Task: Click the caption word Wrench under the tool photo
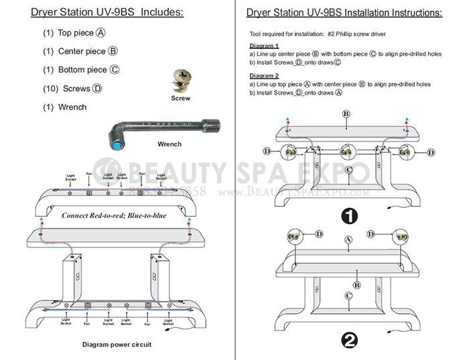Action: pos(169,144)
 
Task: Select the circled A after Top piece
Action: pos(100,33)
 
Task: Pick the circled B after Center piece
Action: pos(113,51)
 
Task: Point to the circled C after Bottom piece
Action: pos(115,70)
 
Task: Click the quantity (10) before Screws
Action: pos(51,88)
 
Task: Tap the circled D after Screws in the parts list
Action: pos(98,88)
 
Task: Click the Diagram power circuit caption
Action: pos(117,344)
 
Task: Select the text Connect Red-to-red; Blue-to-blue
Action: pos(114,216)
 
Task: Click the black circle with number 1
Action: pos(349,216)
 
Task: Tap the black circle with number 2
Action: pos(349,340)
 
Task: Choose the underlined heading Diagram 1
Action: pos(263,46)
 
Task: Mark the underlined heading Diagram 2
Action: pos(263,76)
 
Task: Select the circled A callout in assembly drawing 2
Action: pos(348,239)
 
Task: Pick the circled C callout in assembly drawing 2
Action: pos(348,296)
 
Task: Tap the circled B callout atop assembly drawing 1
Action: pos(346,115)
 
